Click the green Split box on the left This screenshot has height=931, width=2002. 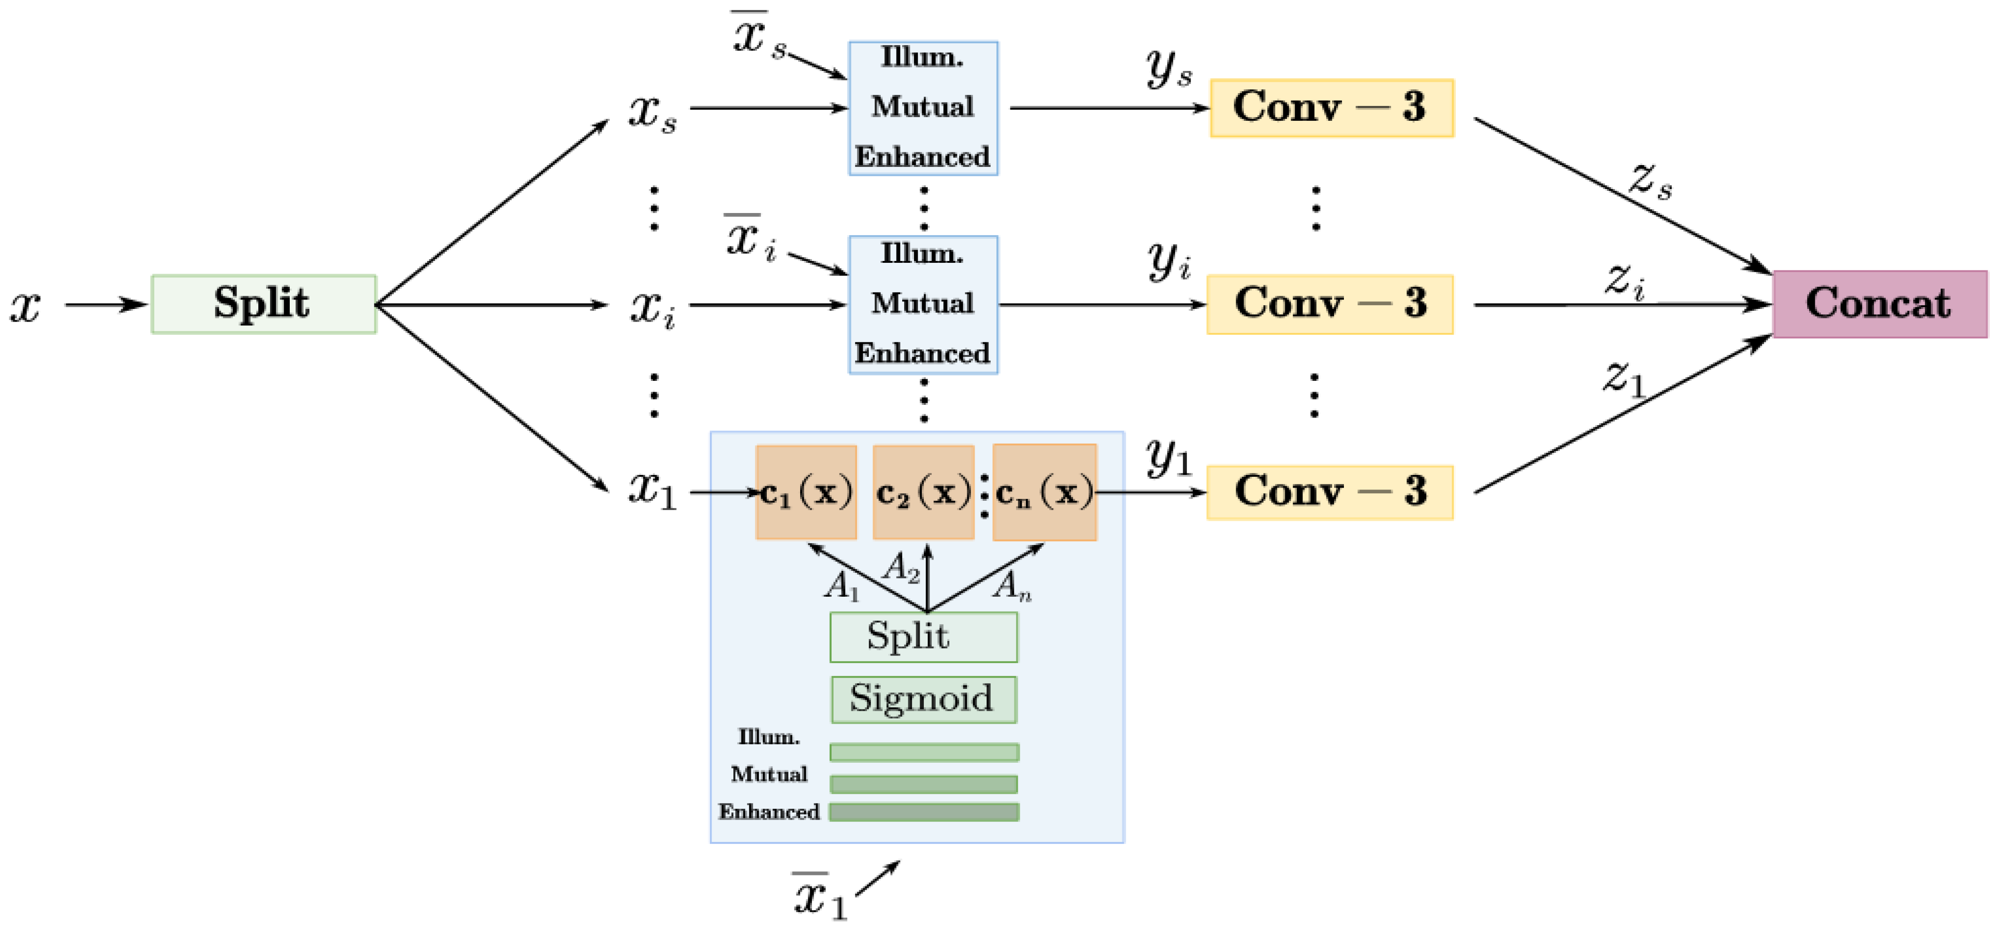point(263,304)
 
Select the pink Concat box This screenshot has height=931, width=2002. point(1879,304)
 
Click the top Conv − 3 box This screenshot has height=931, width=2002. point(1331,108)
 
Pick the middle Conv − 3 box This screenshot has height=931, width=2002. point(1330,304)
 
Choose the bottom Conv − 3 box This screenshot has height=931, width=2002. point(1330,492)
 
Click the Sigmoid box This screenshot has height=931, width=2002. point(923,699)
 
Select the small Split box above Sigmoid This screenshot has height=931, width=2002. point(923,637)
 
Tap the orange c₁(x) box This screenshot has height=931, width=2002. point(806,492)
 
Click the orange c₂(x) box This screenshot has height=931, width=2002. point(923,492)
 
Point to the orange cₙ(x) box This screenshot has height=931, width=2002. point(1045,492)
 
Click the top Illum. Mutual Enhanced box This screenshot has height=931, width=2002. point(923,108)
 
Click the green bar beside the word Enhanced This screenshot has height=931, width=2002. point(924,812)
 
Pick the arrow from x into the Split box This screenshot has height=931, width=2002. point(106,305)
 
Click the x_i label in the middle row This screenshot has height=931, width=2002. point(652,308)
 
